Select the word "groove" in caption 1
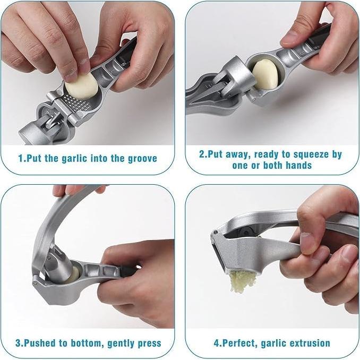(x=140, y=158)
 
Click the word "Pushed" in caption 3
(x=40, y=343)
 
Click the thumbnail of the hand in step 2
(x=289, y=38)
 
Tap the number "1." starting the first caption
(x=21, y=158)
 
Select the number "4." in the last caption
(x=217, y=343)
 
